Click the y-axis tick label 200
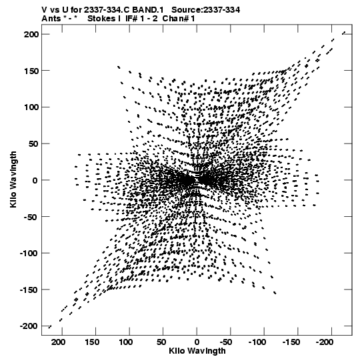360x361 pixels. click(31, 35)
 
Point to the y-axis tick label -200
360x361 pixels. click(29, 326)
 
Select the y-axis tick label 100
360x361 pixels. click(31, 107)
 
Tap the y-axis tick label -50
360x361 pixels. click(31, 217)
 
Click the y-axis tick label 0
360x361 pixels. click(35, 180)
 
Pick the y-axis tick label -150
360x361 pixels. click(29, 290)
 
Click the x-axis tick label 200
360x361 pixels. click(59, 342)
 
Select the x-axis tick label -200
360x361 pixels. click(325, 342)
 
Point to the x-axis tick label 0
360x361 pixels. click(197, 342)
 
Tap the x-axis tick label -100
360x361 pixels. click(257, 342)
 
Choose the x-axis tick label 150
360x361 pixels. click(92, 342)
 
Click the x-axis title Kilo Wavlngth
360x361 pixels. click(197, 351)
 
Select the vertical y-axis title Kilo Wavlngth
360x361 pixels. click(13, 179)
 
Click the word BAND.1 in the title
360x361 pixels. click(148, 10)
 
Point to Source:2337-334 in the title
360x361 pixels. click(206, 10)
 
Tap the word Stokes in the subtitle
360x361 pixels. click(101, 19)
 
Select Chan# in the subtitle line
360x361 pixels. click(175, 19)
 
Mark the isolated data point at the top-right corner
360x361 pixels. click(344, 33)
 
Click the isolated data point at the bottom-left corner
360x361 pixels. click(50, 326)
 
